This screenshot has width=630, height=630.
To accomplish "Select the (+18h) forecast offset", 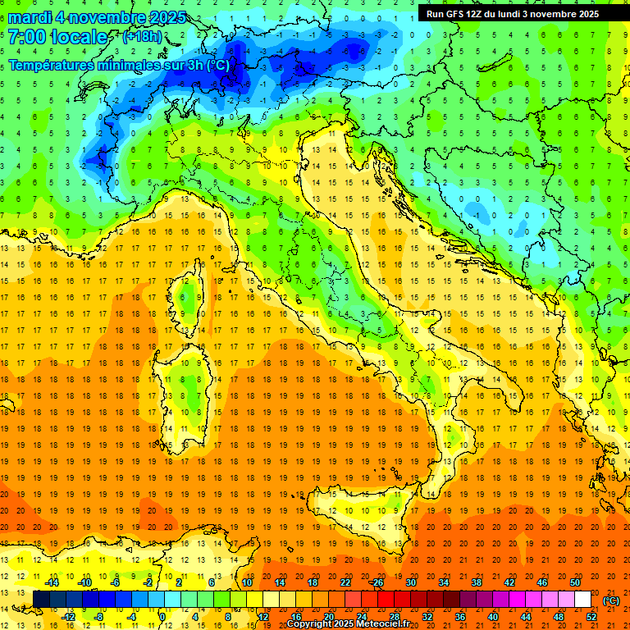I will point(142,37).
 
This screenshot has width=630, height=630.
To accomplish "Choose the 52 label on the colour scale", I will point(591,617).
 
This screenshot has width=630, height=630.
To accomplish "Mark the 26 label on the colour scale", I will point(378,582).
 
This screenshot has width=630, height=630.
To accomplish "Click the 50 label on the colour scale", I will point(575,582).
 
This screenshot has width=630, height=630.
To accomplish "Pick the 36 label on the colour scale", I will point(460,617).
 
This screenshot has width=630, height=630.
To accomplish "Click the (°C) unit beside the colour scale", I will point(611,600).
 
